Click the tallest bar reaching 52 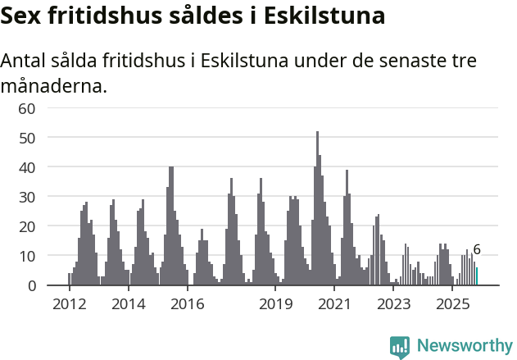point(317,209)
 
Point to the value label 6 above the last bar point(477,250)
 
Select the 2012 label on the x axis point(70,304)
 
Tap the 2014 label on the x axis point(129,304)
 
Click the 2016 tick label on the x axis point(188,304)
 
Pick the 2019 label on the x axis point(276,304)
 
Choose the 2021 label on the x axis point(335,304)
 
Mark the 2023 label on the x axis point(394,304)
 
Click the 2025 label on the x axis point(452,304)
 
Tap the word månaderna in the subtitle point(54,85)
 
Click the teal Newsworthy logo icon point(400,347)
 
